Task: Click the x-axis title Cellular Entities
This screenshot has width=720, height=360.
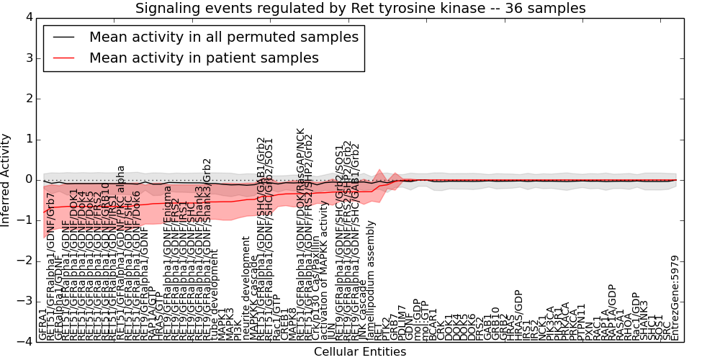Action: (x=360, y=352)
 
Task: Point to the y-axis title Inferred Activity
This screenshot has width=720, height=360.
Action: (x=6, y=180)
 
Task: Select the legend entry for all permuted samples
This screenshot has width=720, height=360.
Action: (x=223, y=37)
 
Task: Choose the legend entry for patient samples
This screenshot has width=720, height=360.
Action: (x=204, y=58)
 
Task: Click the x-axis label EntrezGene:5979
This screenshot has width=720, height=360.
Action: (x=675, y=298)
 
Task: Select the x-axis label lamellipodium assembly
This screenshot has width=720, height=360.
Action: (x=371, y=282)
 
